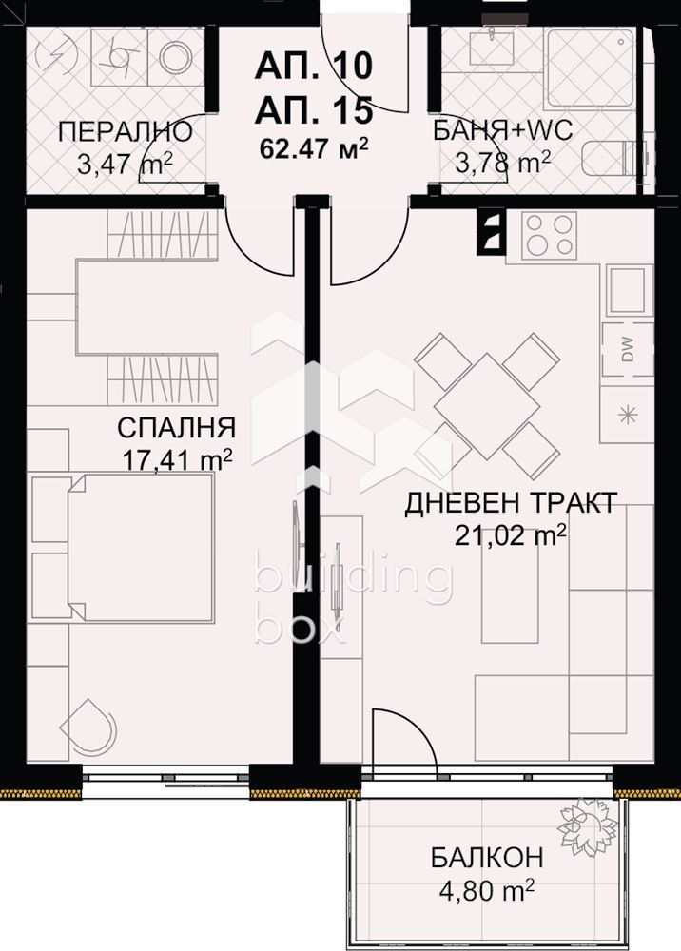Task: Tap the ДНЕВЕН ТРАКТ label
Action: (x=512, y=503)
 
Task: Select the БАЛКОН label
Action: (x=486, y=859)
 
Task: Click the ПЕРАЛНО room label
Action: (x=125, y=131)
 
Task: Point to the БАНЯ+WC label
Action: (x=502, y=131)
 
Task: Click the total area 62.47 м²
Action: (x=313, y=148)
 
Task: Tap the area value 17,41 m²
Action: (x=177, y=460)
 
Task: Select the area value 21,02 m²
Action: (x=512, y=537)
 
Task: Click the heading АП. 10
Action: (x=313, y=68)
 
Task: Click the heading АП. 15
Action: (x=313, y=110)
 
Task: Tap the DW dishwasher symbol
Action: (x=628, y=350)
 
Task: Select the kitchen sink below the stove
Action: (x=629, y=290)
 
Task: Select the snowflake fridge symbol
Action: (x=628, y=414)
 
